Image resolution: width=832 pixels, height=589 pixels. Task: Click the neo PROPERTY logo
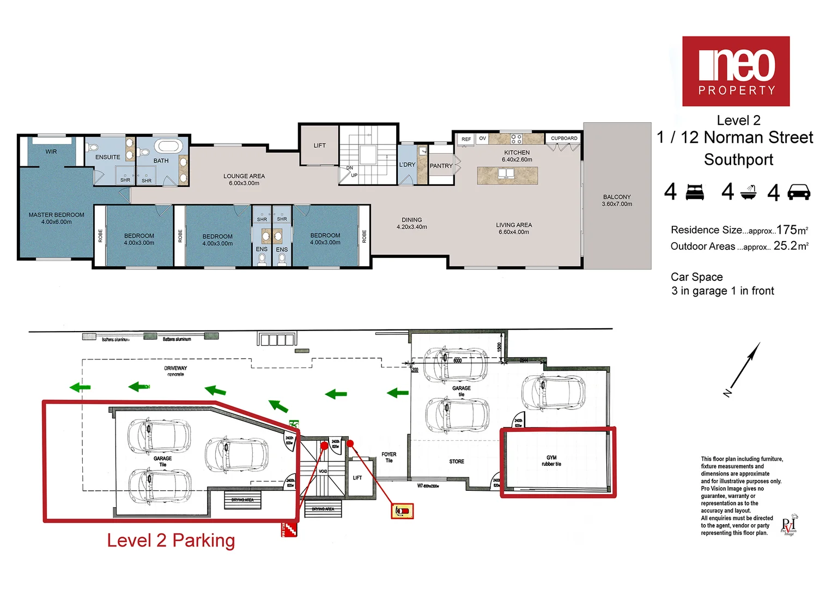point(736,71)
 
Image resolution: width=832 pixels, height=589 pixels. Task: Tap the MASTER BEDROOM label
point(56,215)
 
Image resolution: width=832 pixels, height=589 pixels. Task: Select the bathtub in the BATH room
point(168,147)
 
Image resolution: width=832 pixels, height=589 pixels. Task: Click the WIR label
point(51,152)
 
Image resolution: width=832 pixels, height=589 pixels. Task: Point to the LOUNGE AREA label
point(244,176)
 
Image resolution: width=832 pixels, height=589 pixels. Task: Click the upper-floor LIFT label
point(319,146)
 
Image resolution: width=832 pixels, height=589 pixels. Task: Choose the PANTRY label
point(441,166)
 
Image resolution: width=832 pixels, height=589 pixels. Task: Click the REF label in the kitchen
point(466,139)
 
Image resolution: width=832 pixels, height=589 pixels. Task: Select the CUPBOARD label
point(564,139)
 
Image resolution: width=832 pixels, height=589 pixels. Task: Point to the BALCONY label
point(617,197)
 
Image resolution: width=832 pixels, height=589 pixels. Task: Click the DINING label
point(412,220)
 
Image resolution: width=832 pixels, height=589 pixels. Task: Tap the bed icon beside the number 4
point(695,192)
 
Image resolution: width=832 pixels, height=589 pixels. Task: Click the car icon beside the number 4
point(799,192)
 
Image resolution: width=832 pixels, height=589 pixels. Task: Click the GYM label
point(551,458)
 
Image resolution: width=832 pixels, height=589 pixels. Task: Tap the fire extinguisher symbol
point(402,511)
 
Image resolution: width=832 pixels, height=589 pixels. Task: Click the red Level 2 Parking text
point(171,540)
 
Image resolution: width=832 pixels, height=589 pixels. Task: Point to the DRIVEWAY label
point(175,368)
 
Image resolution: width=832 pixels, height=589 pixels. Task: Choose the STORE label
point(457,461)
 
